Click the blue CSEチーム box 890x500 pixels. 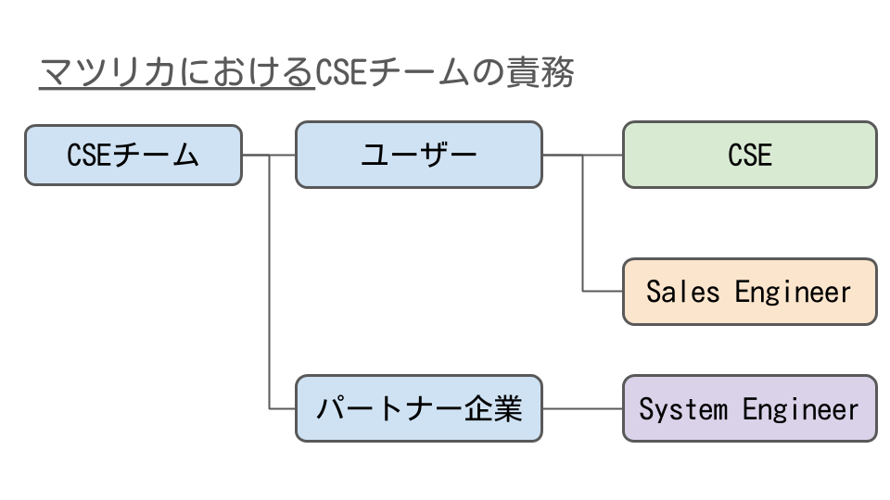(133, 156)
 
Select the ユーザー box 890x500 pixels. (419, 155)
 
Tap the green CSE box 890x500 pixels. (750, 155)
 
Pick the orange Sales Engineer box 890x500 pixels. (750, 292)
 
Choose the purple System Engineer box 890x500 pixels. (750, 408)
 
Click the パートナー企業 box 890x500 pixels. (419, 408)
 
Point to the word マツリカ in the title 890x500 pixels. (108, 72)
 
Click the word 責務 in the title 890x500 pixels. (540, 72)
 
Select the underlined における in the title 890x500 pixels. (245, 72)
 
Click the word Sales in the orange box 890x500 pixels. (683, 292)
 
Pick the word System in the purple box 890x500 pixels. (683, 408)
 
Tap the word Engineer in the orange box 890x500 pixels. (793, 293)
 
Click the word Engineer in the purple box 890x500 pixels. (800, 409)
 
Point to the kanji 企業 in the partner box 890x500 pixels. (493, 408)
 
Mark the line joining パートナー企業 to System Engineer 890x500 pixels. (583, 408)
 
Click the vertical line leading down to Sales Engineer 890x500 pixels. (583, 223)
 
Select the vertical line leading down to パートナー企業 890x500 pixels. (269, 281)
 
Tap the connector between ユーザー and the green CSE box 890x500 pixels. (583, 155)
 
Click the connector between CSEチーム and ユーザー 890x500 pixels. (269, 155)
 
